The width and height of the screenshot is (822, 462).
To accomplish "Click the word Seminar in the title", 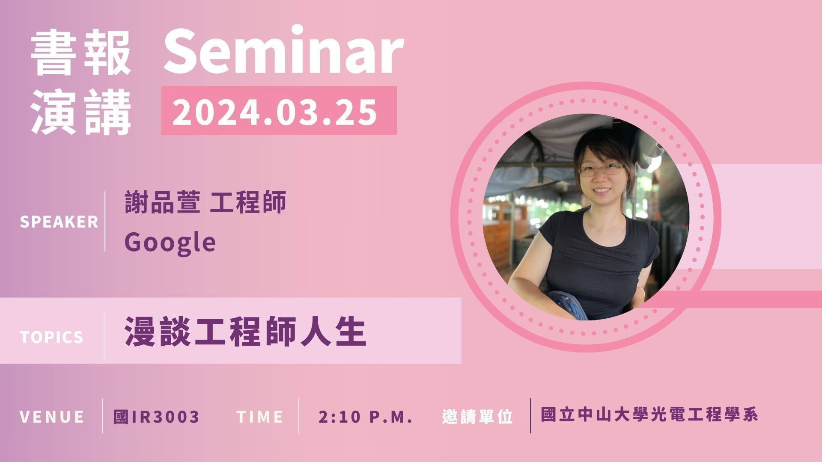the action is tap(283, 50).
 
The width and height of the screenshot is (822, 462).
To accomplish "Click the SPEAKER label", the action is tap(59, 222).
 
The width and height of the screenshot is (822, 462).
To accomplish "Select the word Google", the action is tap(170, 243).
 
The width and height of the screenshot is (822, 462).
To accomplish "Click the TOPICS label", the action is tap(52, 337).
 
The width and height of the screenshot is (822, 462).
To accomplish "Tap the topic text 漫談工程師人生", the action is tap(246, 331).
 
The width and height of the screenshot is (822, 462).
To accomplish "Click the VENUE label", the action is tap(52, 417).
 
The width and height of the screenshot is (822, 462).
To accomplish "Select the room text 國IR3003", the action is tap(157, 416).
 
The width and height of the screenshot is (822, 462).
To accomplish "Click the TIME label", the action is tap(259, 417).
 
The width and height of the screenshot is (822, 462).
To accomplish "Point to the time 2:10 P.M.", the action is tap(366, 417).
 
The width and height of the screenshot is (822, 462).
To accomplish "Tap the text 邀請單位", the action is tap(477, 417).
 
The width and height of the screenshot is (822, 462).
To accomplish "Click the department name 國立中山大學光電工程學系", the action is tap(649, 415).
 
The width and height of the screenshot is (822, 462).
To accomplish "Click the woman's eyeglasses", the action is tap(601, 170).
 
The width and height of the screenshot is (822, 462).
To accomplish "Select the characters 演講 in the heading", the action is tap(81, 112).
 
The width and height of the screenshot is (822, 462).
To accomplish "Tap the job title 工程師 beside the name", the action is tap(248, 202).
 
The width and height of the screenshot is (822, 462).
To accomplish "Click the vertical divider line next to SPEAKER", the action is tap(105, 221).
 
